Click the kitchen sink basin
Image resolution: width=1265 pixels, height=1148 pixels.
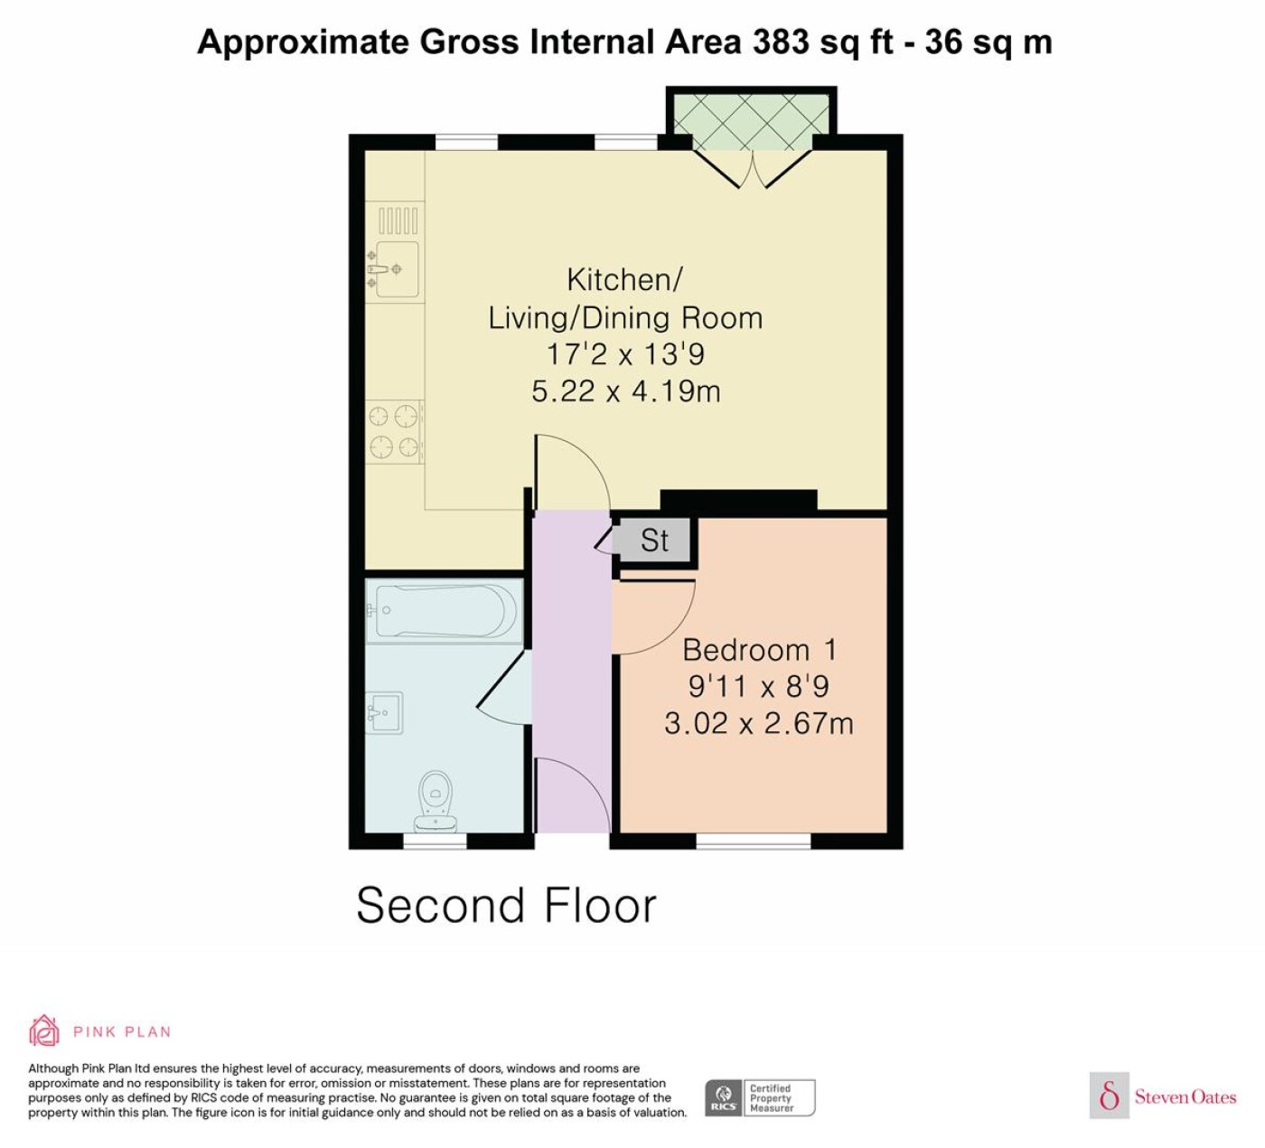point(397,268)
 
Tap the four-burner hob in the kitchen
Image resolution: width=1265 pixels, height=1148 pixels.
point(394,432)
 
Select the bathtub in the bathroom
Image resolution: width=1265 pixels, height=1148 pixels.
point(445,611)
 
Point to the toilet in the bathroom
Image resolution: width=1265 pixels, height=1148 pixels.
point(436,800)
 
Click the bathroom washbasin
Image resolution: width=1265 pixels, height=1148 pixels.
point(384,713)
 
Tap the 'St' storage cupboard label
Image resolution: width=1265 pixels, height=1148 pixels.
point(654,541)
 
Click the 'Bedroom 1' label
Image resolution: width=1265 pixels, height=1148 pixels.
point(759,650)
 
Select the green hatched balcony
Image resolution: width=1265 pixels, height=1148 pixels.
point(752,122)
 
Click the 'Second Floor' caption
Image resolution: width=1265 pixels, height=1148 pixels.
point(506,906)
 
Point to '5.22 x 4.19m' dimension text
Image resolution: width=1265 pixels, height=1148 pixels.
point(625,391)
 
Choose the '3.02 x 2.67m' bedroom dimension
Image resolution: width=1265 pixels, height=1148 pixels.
point(759,723)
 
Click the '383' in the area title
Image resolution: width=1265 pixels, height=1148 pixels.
point(780,42)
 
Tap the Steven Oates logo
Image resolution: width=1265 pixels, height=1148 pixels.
point(1162,1096)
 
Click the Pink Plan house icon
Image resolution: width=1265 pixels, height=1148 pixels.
point(44,1030)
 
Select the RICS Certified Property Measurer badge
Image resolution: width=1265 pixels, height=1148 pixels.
point(759,1097)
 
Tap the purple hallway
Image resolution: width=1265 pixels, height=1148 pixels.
point(572,673)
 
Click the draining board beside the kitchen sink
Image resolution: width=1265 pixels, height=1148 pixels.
point(398,221)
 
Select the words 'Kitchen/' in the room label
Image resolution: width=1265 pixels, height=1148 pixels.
point(624,280)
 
